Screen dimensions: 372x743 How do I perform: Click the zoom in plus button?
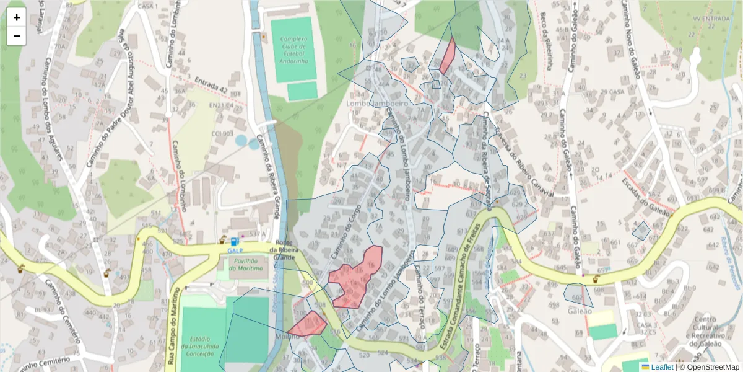click(17, 17)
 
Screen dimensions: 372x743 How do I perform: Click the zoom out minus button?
click(17, 36)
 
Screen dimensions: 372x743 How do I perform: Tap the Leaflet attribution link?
click(662, 367)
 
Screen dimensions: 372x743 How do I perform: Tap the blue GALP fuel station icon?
click(234, 242)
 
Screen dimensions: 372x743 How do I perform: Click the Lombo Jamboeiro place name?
click(378, 104)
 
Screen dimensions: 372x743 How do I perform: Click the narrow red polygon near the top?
click(448, 56)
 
